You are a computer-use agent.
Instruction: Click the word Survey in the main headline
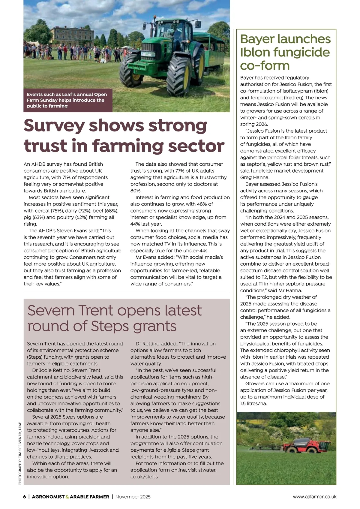tap(54, 126)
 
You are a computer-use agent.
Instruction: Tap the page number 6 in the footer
tap(25, 497)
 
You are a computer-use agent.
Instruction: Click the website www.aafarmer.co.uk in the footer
tap(314, 497)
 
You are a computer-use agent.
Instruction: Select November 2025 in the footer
tap(133, 497)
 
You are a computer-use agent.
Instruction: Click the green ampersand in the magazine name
tap(67, 497)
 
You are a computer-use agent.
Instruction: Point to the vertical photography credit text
tap(20, 453)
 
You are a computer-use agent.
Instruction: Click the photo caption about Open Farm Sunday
tap(67, 100)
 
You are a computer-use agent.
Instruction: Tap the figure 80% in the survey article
tap(136, 191)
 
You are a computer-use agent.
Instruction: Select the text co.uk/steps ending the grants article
tap(144, 477)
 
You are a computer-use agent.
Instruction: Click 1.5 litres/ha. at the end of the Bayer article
tap(253, 404)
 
